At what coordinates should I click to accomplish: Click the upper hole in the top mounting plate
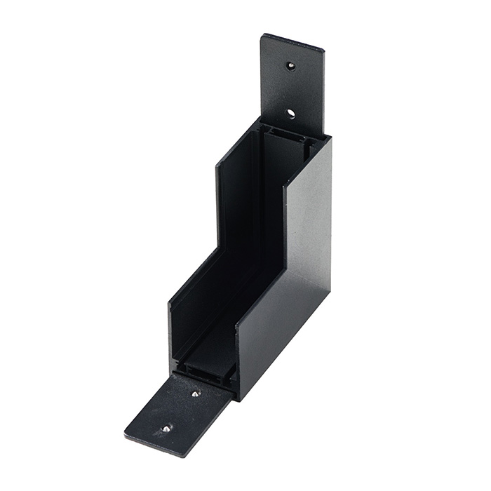pos(290,66)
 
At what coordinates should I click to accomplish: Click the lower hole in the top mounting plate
pos(290,113)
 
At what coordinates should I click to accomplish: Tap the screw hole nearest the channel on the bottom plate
pos(196,394)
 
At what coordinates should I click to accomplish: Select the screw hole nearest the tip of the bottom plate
pos(166,428)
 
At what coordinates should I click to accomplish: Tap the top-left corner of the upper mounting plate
pos(263,35)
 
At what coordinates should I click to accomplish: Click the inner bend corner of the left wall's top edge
pos(219,247)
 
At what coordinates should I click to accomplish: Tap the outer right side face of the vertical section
pos(309,210)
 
